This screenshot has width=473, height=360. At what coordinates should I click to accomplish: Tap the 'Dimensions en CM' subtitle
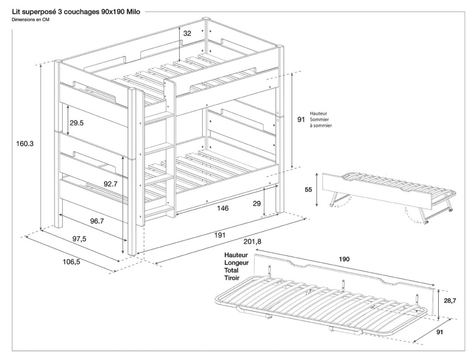coord(30,20)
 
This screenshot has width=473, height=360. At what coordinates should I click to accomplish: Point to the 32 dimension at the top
coord(187,34)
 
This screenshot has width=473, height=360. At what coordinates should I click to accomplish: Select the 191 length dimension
coord(219,235)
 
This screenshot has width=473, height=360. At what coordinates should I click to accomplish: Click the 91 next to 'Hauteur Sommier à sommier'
coord(301,119)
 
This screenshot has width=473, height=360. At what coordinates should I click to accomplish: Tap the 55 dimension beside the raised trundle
coord(309,190)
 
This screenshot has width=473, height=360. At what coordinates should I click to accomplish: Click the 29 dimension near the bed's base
coord(257,203)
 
